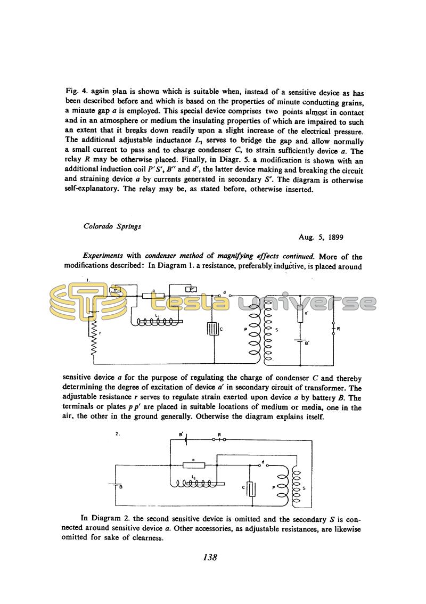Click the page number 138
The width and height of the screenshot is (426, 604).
click(210, 557)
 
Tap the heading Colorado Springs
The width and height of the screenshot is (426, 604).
click(112, 226)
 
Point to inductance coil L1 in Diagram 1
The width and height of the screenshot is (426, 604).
click(158, 322)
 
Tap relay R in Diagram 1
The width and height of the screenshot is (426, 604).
click(333, 329)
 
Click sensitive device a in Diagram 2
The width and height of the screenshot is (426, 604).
click(193, 465)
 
